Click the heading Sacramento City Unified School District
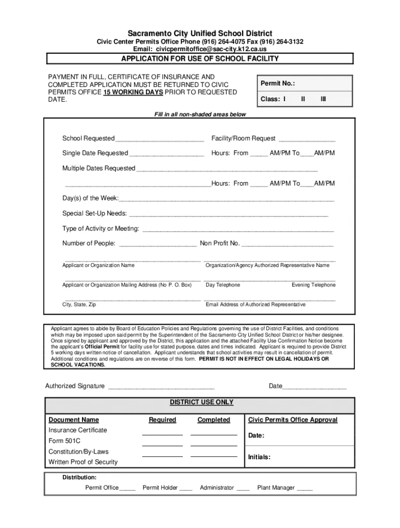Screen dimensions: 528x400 pyautogui.click(x=200, y=33)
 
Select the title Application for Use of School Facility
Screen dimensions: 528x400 pyautogui.click(x=200, y=59)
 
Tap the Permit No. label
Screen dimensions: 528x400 pyautogui.click(x=277, y=83)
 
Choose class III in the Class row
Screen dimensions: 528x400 pyautogui.click(x=323, y=99)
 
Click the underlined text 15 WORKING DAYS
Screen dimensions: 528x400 pyautogui.click(x=133, y=93)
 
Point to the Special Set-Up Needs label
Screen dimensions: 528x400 pyautogui.click(x=95, y=213)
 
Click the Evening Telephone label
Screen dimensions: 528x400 pyautogui.click(x=313, y=285)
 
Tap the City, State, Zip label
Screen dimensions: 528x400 pyautogui.click(x=79, y=305)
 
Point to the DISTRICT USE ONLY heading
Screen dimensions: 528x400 pyautogui.click(x=202, y=403)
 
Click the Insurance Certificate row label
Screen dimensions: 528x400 pyautogui.click(x=78, y=430)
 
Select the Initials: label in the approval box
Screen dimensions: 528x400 pyautogui.click(x=259, y=457)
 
